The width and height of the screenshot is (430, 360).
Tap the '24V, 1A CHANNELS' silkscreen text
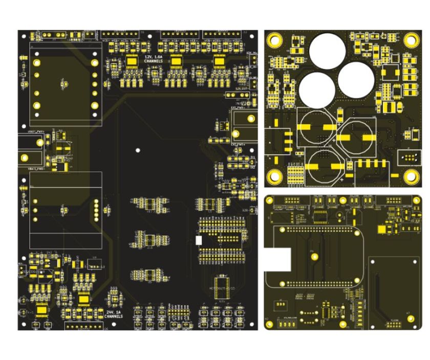pos(113,314)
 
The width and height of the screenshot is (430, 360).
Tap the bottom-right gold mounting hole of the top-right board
pos(411,176)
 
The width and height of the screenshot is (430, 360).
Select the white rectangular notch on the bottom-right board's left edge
pos(277,260)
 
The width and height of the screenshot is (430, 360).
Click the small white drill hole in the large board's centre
pos(137,150)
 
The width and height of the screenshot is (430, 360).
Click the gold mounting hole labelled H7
pos(411,319)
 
